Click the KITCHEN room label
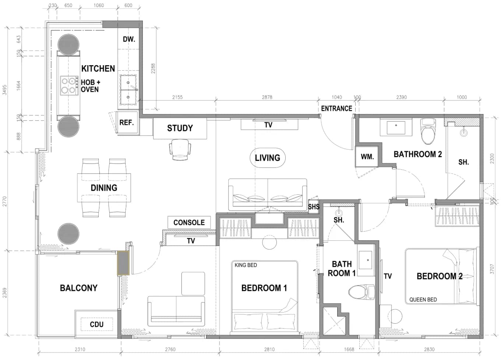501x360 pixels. click(x=98, y=68)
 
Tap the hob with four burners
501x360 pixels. click(x=69, y=86)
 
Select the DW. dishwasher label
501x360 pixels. click(x=129, y=39)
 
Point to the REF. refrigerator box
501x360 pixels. click(x=127, y=122)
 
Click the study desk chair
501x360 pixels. click(x=180, y=149)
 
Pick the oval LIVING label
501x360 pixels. click(x=268, y=158)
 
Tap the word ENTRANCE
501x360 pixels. click(x=336, y=109)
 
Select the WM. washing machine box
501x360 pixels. click(x=367, y=156)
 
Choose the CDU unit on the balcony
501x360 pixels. click(x=96, y=324)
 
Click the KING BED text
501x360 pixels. click(x=246, y=265)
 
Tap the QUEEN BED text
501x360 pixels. click(x=423, y=300)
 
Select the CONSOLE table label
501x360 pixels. click(x=189, y=222)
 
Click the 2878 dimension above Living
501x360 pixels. click(x=267, y=97)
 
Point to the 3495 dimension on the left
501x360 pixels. click(x=4, y=90)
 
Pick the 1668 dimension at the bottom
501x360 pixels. click(x=349, y=349)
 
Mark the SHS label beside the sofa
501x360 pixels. click(x=314, y=207)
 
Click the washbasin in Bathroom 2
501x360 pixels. click(x=396, y=127)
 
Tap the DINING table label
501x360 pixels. click(x=104, y=188)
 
